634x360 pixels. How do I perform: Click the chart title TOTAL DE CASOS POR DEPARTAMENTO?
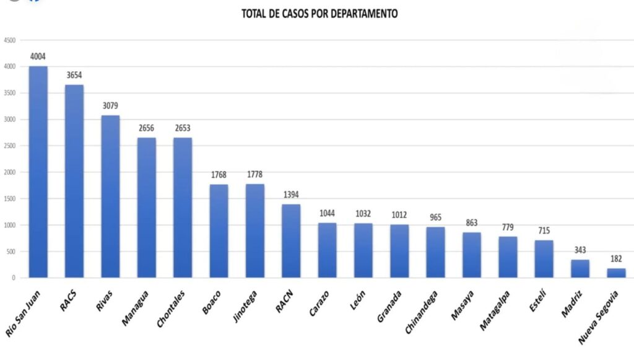[319, 13]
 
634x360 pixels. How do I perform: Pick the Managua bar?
[147, 208]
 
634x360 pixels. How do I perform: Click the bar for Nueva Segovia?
[616, 273]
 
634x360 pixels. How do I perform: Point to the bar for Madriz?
[580, 268]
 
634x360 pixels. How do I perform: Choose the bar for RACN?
[291, 241]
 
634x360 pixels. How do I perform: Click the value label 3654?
[74, 75]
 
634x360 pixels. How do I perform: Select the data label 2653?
[183, 128]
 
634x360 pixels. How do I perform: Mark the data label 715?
[544, 230]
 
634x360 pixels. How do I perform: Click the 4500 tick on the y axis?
[9, 40]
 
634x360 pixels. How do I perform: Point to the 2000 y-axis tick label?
[9, 172]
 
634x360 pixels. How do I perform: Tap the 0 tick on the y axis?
[13, 278]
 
